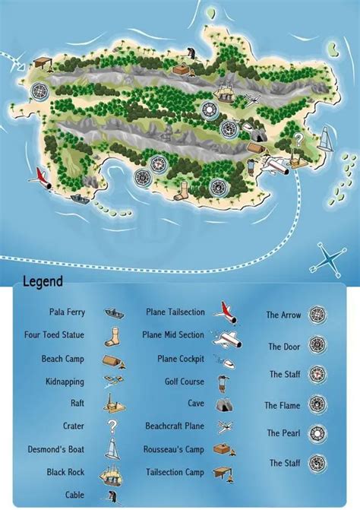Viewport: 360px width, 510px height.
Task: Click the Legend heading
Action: pyautogui.click(x=43, y=282)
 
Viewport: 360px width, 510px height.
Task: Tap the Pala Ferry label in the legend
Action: pyautogui.click(x=67, y=312)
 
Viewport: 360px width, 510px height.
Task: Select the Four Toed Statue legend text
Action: pyautogui.click(x=54, y=334)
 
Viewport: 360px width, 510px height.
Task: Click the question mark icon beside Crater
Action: pyautogui.click(x=112, y=426)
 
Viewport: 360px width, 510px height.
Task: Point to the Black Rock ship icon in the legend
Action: pyautogui.click(x=113, y=472)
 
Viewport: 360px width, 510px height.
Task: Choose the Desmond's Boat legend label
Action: pyautogui.click(x=56, y=449)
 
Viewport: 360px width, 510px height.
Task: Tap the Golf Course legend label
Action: pyautogui.click(x=185, y=382)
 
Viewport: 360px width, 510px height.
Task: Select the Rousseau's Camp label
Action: pyautogui.click(x=174, y=449)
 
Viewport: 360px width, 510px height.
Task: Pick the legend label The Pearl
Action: pyautogui.click(x=284, y=433)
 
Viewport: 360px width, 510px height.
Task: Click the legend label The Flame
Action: pyautogui.click(x=283, y=406)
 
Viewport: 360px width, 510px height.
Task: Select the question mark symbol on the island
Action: pyautogui.click(x=298, y=139)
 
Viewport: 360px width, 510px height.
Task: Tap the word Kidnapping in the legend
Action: pyautogui.click(x=65, y=382)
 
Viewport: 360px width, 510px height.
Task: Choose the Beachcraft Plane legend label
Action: pyautogui.click(x=175, y=426)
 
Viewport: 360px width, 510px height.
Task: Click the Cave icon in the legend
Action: pyautogui.click(x=223, y=404)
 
